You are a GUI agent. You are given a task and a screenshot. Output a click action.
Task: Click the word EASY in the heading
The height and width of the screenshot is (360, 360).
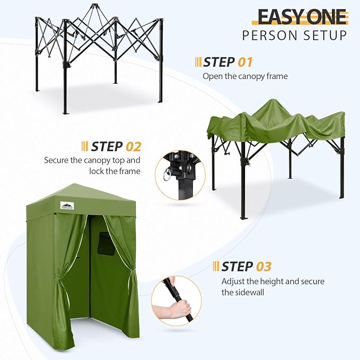(280, 17)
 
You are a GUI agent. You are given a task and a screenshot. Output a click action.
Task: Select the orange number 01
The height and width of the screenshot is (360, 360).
(245, 62)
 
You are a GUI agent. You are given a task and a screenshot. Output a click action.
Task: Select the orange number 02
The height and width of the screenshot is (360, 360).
(133, 146)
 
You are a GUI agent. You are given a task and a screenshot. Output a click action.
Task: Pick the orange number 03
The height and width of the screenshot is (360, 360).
(263, 266)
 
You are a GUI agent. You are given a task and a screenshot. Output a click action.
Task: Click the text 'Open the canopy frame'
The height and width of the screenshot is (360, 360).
(245, 76)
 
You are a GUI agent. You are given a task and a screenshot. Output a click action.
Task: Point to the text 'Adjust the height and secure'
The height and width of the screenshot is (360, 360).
(273, 281)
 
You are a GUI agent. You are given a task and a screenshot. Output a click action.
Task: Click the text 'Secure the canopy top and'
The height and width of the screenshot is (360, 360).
(92, 160)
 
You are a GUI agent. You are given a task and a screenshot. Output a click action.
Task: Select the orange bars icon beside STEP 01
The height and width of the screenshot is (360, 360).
(198, 62)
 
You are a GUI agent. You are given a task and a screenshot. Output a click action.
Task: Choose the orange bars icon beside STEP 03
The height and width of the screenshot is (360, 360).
(216, 266)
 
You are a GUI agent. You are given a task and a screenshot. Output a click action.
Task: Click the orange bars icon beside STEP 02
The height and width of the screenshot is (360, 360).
(85, 146)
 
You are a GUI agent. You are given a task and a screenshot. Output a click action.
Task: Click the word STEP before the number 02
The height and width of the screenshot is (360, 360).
(107, 146)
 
